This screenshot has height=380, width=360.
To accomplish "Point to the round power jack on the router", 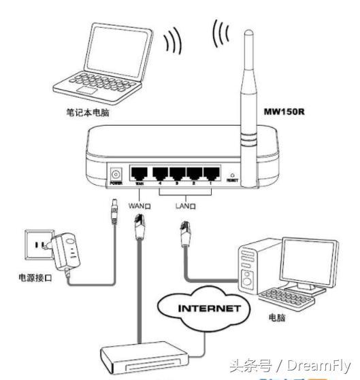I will point(115,173).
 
